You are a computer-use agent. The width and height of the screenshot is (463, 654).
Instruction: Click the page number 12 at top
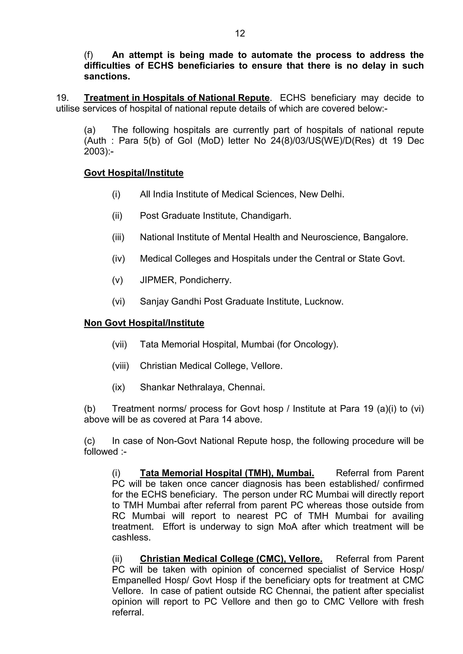240,34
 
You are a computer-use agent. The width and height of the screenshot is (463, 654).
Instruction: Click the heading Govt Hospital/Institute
133,173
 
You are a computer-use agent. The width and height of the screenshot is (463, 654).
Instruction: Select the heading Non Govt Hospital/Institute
144,323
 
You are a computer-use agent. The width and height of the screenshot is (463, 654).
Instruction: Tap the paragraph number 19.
62,98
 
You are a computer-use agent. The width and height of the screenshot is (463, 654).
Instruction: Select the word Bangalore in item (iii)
385,237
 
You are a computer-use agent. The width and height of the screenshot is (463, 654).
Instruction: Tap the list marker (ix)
118,387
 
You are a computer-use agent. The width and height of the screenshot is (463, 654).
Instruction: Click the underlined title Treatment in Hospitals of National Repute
177,98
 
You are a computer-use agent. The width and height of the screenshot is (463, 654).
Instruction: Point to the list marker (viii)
120,366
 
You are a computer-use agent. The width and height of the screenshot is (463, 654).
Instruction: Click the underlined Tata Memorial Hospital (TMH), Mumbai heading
227,473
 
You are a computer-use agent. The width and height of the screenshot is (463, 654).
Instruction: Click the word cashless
131,537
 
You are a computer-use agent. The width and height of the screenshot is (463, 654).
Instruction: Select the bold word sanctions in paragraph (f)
107,77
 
